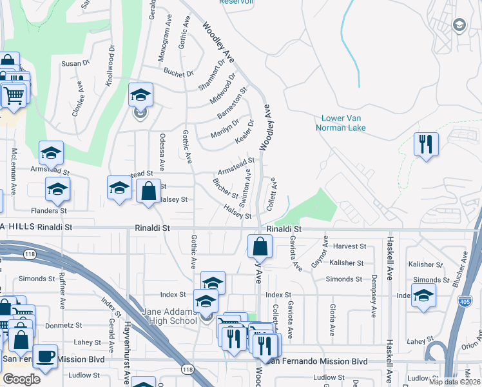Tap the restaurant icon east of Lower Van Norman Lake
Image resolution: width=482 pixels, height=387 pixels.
pyautogui.click(x=426, y=144)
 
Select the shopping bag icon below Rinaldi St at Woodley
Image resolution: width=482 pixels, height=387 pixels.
pyautogui.click(x=259, y=246)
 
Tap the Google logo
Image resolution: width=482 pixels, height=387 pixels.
pyautogui.click(x=21, y=379)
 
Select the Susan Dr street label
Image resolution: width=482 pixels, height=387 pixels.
pyautogui.click(x=75, y=63)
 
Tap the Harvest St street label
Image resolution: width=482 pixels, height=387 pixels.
pyautogui.click(x=349, y=246)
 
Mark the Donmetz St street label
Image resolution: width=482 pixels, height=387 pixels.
pyautogui.click(x=66, y=326)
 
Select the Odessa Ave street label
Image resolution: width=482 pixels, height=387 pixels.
pyautogui.click(x=162, y=150)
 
